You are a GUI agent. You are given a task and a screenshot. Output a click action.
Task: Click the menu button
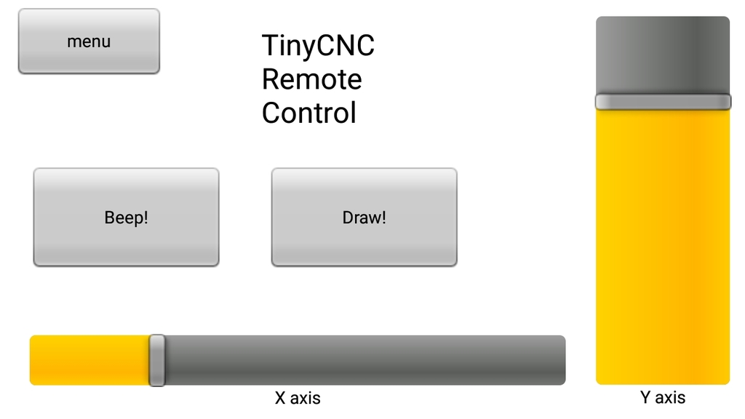(89, 41)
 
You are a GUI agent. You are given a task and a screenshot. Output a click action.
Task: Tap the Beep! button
(126, 218)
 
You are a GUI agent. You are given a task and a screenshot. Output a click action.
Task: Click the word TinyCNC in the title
(318, 46)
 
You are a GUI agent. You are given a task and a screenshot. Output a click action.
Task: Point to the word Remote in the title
(311, 79)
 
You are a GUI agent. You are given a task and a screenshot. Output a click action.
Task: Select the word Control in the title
(308, 113)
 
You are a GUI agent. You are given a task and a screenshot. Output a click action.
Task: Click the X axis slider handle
(156, 360)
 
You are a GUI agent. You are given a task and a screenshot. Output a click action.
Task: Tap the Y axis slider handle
(663, 101)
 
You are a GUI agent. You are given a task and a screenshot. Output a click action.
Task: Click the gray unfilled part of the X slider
(364, 360)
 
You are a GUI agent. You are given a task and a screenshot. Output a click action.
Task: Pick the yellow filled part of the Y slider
(663, 247)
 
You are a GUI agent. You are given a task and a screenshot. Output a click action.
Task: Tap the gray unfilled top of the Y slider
(663, 55)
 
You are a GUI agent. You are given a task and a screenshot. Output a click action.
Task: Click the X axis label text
(298, 398)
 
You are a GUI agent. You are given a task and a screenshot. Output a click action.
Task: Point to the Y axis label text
(663, 397)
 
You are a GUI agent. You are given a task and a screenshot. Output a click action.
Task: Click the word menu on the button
(89, 41)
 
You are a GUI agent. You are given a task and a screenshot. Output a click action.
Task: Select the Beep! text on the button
(126, 218)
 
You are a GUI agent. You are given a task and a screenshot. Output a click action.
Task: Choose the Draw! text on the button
(364, 218)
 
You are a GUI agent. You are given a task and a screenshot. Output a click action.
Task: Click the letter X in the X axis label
(280, 398)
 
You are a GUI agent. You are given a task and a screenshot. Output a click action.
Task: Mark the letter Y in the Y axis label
(645, 397)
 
